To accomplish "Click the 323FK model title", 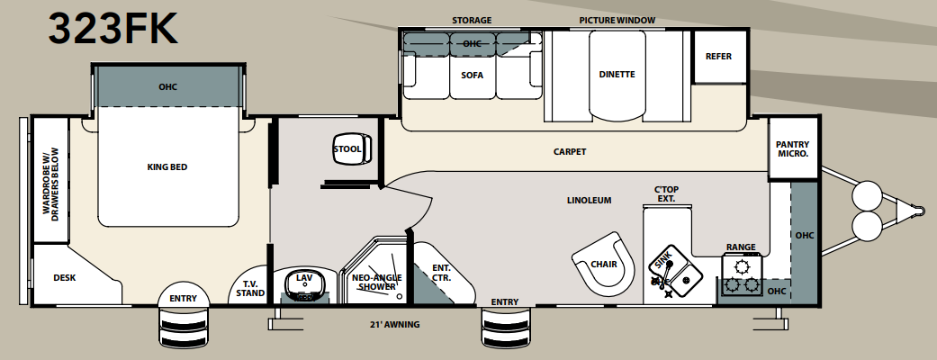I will click(113, 29).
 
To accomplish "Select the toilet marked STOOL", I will click(347, 150).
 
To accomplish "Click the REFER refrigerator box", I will click(718, 57).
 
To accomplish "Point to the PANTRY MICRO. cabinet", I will click(793, 149).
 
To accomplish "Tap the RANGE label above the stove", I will click(741, 247).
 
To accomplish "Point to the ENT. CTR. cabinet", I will click(441, 273).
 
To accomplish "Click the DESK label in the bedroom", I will click(64, 278).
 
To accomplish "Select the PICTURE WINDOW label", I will click(617, 20).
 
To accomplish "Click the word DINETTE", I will click(617, 75).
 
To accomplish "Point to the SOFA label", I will click(473, 76).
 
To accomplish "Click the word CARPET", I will click(570, 151).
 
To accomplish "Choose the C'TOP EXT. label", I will click(665, 193).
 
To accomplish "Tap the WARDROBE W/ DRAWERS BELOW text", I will click(48, 182).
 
